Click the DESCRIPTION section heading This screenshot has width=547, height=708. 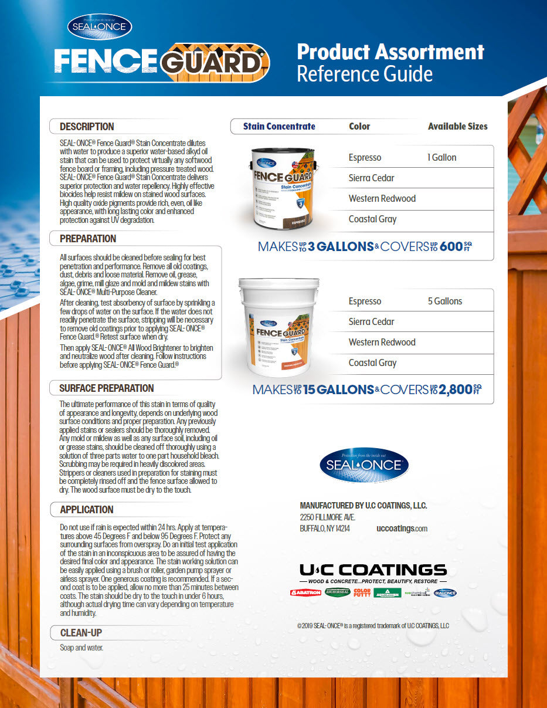(x=87, y=127)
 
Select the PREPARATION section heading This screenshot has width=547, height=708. (x=88, y=239)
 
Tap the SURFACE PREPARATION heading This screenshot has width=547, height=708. (x=106, y=388)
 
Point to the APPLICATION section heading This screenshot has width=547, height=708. (x=87, y=510)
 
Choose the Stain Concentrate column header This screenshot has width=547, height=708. (x=279, y=126)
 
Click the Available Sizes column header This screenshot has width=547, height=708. (x=457, y=126)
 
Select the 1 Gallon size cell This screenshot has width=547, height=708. (x=442, y=157)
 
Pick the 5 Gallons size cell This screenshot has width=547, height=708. (x=445, y=301)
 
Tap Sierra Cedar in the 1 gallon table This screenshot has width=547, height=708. (x=371, y=178)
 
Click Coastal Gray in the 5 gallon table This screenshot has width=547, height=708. (x=372, y=363)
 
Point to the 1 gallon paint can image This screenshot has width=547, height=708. (x=283, y=187)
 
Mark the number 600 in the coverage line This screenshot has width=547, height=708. (x=451, y=247)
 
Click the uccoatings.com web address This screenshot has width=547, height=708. (x=402, y=529)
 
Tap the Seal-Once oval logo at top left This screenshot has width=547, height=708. (x=100, y=26)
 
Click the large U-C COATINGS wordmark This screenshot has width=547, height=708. (x=373, y=570)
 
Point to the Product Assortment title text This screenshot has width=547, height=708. (x=390, y=52)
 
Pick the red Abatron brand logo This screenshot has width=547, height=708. (x=305, y=592)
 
